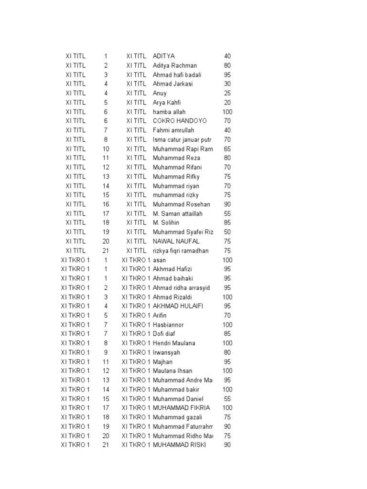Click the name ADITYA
click(163, 56)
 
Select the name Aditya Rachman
click(174, 65)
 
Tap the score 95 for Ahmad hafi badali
click(227, 75)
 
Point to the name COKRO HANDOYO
click(177, 121)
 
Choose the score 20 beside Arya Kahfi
click(227, 103)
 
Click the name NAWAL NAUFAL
click(176, 242)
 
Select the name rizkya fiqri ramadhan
click(181, 251)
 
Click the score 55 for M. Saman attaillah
click(227, 213)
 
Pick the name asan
click(159, 260)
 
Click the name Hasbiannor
click(168, 325)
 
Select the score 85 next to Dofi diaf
click(227, 334)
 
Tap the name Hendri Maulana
click(174, 343)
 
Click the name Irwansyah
click(167, 352)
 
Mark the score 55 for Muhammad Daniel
click(227, 399)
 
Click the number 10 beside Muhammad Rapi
click(106, 149)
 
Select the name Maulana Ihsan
click(173, 371)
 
